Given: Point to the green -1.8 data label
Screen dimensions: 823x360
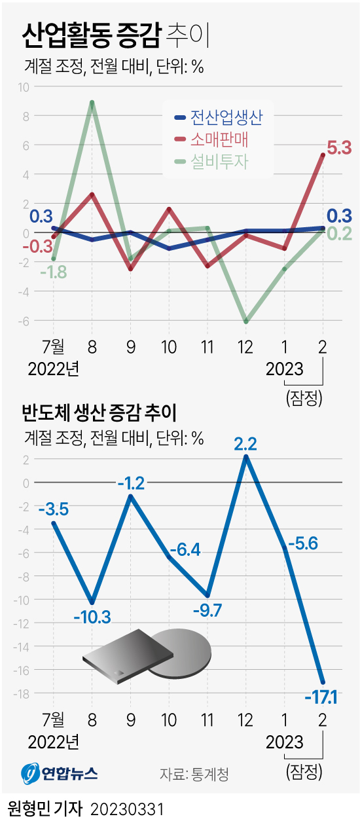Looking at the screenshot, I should [53, 272].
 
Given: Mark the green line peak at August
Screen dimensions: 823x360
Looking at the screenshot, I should [92, 102].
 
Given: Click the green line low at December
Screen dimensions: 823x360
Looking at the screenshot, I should [246, 321].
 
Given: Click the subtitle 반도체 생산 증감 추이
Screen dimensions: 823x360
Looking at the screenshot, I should [101, 413].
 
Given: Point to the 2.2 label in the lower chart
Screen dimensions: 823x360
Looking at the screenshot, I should [246, 443].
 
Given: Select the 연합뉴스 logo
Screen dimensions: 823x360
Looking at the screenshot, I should [59, 773].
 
